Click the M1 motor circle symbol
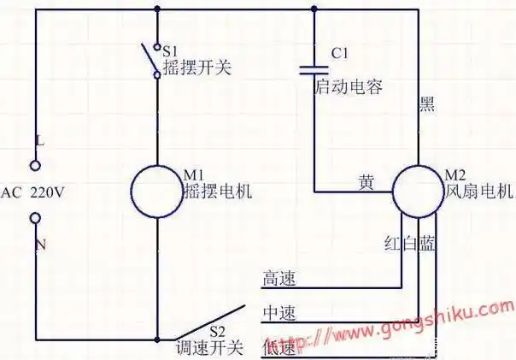pos(159,191)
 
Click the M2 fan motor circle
pos(419,191)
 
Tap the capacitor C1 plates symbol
pos(314,68)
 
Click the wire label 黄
pos(366,182)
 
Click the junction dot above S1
pos(158,10)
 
